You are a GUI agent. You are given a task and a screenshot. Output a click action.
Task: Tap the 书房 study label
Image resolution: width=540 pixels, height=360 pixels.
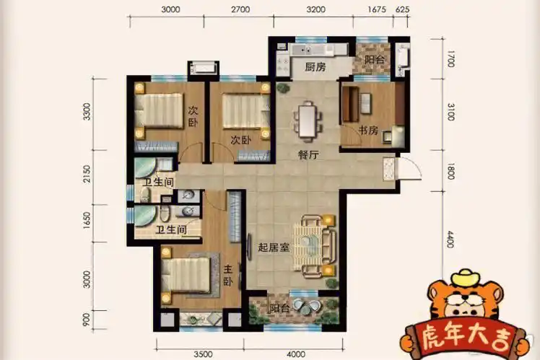click(x=368, y=131)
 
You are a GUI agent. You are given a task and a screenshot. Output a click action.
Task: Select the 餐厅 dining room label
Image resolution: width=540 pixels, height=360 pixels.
click(x=310, y=154)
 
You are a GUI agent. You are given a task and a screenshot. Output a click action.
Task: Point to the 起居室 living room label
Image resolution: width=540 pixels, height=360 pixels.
click(x=274, y=247)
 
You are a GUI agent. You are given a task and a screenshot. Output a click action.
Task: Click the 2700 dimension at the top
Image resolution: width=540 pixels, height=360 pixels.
click(x=240, y=10)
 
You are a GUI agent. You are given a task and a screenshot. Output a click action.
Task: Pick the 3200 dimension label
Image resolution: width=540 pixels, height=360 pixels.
click(x=315, y=10)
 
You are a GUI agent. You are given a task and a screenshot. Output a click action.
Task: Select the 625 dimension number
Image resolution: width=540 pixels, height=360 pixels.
click(x=404, y=10)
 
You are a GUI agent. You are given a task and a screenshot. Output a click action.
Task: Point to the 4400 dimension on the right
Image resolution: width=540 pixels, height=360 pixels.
click(x=450, y=237)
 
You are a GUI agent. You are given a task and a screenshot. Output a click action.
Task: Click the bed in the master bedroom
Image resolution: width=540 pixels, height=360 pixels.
click(x=186, y=277)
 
